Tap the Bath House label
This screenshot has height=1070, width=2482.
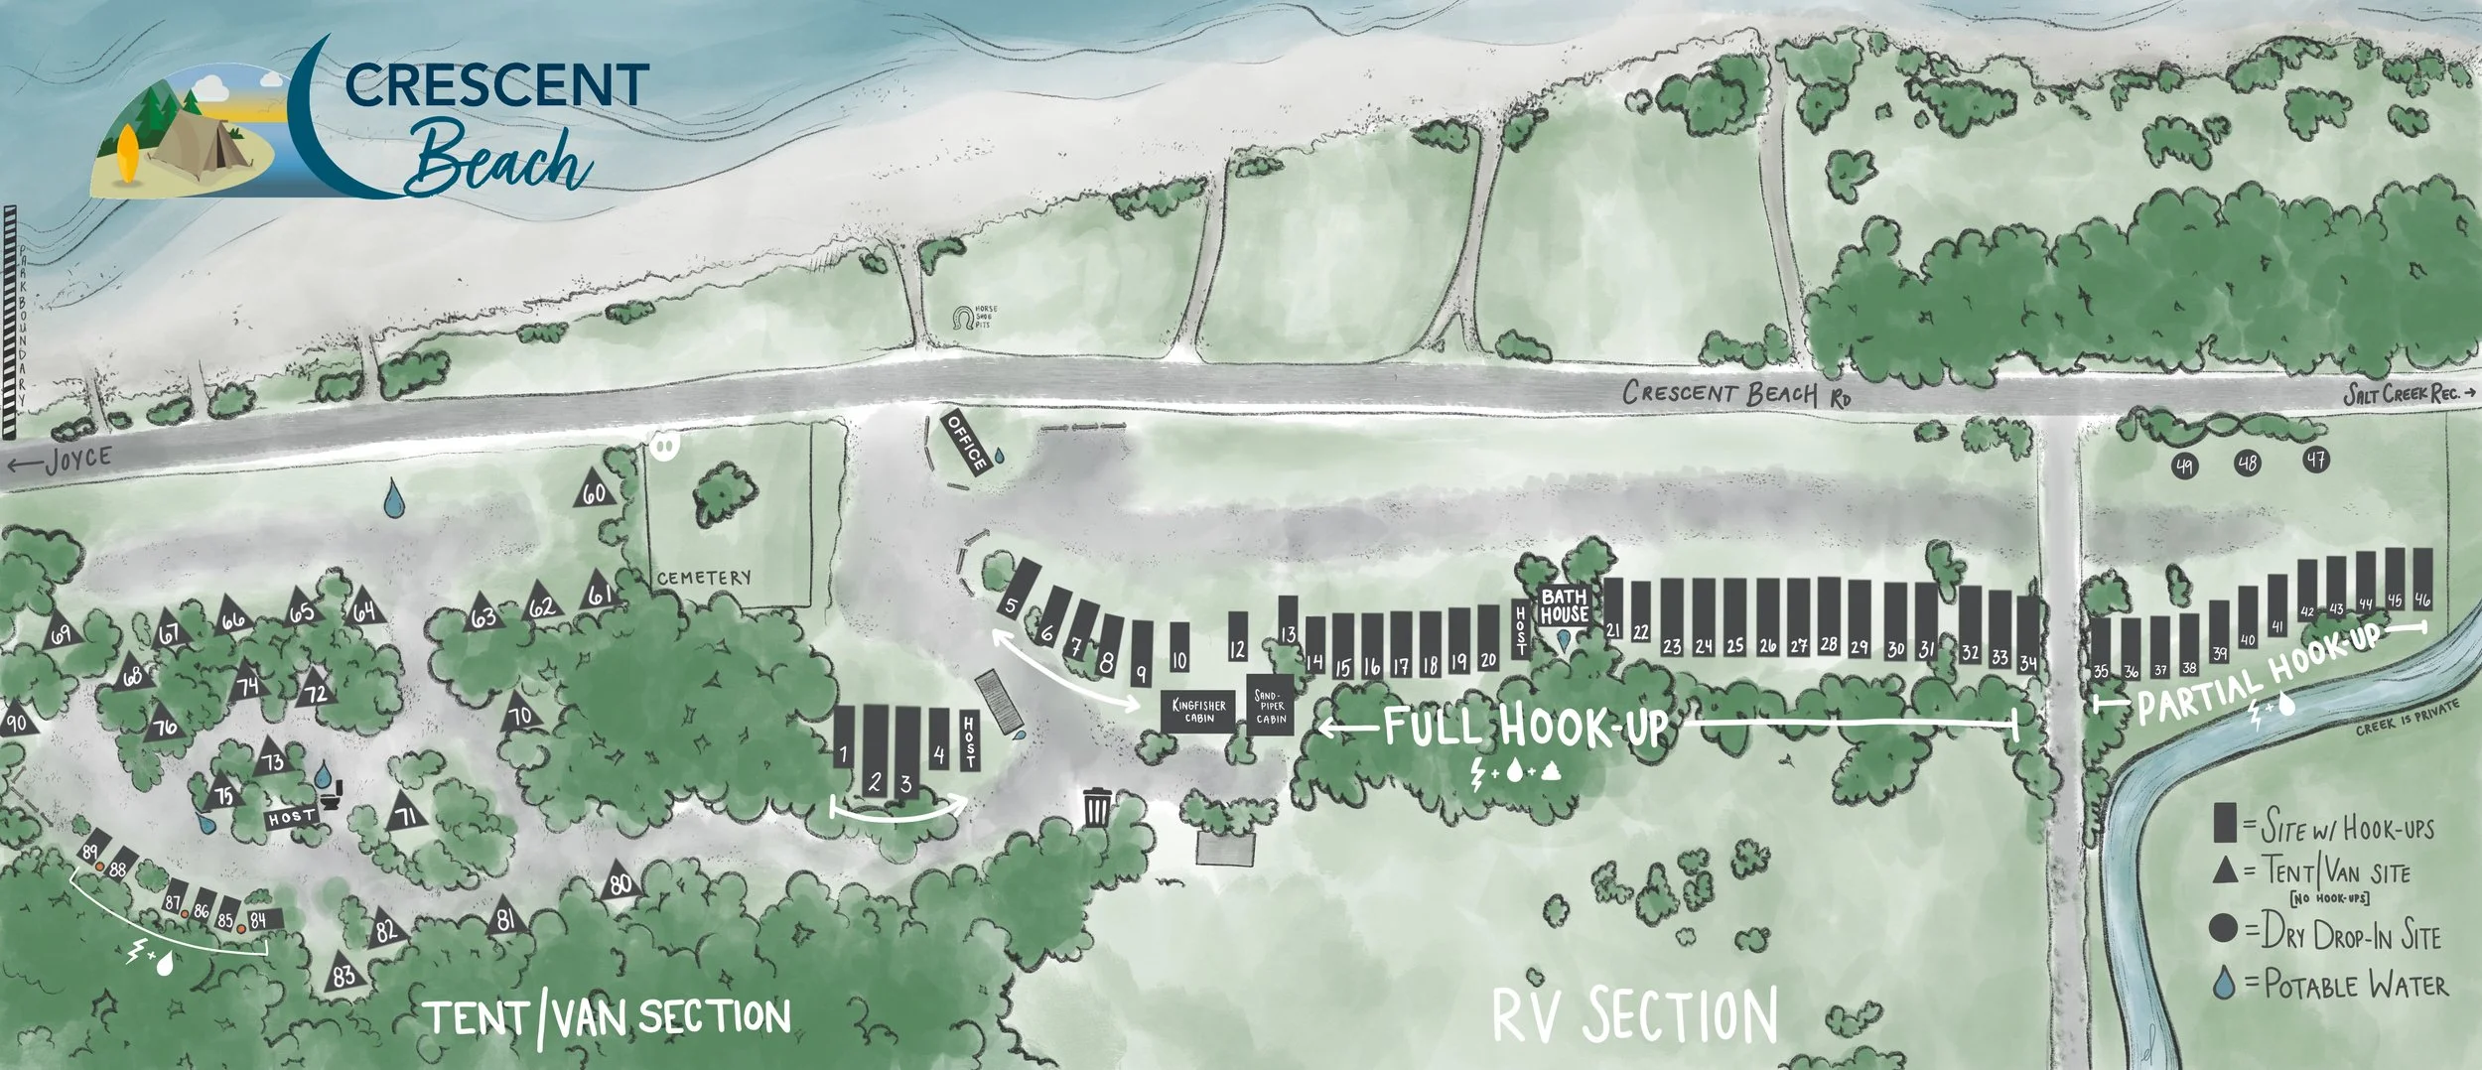1564,605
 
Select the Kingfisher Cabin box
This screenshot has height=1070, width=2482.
1198,711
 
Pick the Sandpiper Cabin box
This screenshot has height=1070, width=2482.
1272,711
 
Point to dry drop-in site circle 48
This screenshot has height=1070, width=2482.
2248,464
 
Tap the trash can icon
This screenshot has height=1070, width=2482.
1096,807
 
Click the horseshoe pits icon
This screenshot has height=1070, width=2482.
962,319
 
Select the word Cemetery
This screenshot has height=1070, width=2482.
704,578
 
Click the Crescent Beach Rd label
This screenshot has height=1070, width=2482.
1736,394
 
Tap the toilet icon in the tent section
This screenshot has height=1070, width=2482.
334,794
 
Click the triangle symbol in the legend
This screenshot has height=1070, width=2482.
2225,870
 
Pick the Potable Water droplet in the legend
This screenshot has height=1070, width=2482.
2225,984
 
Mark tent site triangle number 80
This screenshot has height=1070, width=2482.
620,881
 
